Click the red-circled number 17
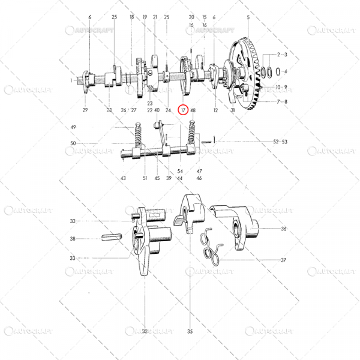pyautogui.click(x=184, y=110)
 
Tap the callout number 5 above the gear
pyautogui.click(x=248, y=18)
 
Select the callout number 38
pyautogui.click(x=73, y=238)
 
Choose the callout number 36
pyautogui.click(x=283, y=229)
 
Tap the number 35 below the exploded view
pyautogui.click(x=190, y=331)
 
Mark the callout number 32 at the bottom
pyautogui.click(x=144, y=331)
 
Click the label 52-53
pyautogui.click(x=280, y=142)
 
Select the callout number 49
pyautogui.click(x=73, y=128)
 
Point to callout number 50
pyautogui.click(x=73, y=143)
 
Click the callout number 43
pyautogui.click(x=123, y=178)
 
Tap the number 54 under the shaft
pyautogui.click(x=180, y=171)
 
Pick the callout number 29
pyautogui.click(x=85, y=110)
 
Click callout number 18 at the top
pyautogui.click(x=131, y=17)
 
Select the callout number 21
pyautogui.click(x=155, y=17)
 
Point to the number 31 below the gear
pyautogui.click(x=232, y=110)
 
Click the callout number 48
pyautogui.click(x=193, y=110)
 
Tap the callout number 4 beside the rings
pyautogui.click(x=285, y=71)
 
